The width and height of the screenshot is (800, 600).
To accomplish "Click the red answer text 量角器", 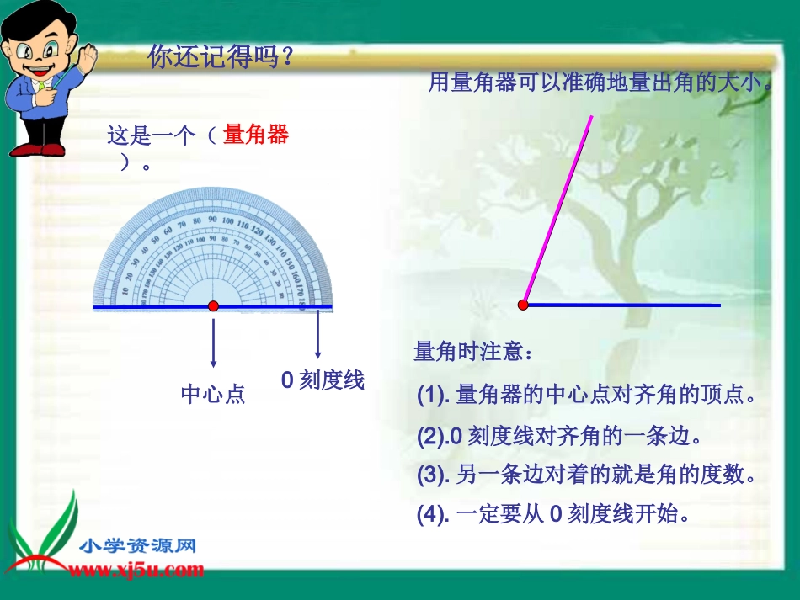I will point(256,135).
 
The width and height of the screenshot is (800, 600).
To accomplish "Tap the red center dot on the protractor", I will point(213,306).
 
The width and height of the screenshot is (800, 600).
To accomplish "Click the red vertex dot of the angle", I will point(523,305).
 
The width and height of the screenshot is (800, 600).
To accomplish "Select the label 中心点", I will point(213,394).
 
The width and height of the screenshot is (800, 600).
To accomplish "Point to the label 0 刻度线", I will point(323,380).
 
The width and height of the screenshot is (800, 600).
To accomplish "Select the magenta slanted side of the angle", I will point(558,210).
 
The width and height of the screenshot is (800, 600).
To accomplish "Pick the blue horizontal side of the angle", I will point(623,305).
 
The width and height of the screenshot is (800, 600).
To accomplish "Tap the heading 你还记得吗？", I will point(221,57).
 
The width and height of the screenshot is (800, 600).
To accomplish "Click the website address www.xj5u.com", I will point(136,570).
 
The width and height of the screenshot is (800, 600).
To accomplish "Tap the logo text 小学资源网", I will point(139,546).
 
